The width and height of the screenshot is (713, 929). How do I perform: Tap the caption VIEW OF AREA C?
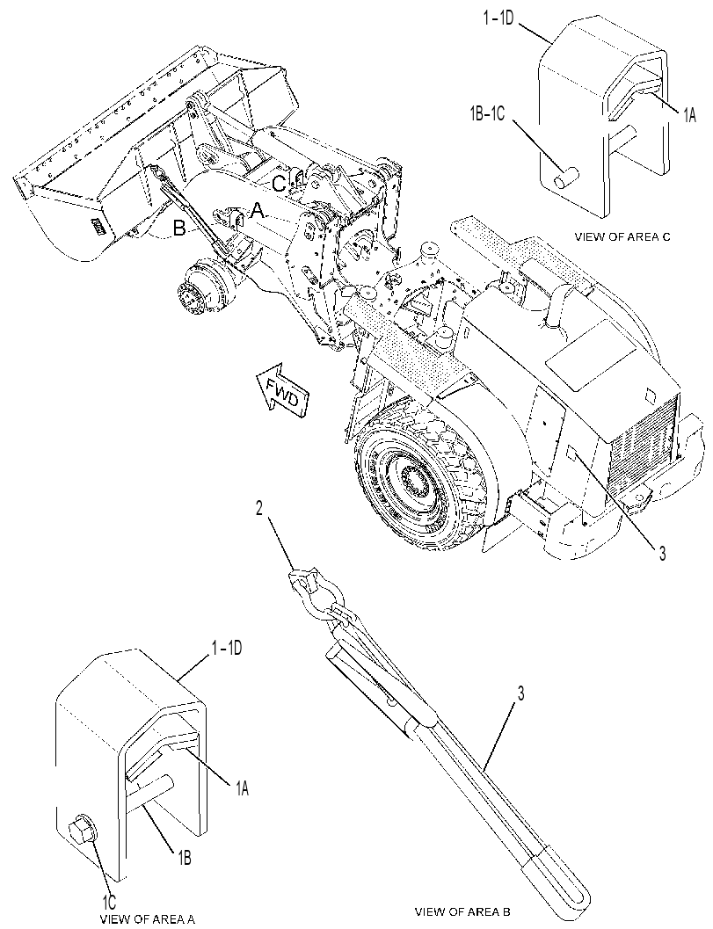[x=622, y=237]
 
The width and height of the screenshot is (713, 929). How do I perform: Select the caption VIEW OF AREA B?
[x=462, y=911]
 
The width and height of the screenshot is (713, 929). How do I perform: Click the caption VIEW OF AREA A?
[x=147, y=919]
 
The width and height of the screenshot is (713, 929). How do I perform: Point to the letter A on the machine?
[x=257, y=210]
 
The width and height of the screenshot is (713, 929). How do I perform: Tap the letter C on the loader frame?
[x=278, y=184]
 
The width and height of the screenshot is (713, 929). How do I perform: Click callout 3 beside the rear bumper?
[x=662, y=554]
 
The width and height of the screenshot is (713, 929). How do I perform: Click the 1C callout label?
[x=110, y=903]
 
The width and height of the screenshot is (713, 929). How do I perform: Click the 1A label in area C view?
[x=688, y=116]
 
